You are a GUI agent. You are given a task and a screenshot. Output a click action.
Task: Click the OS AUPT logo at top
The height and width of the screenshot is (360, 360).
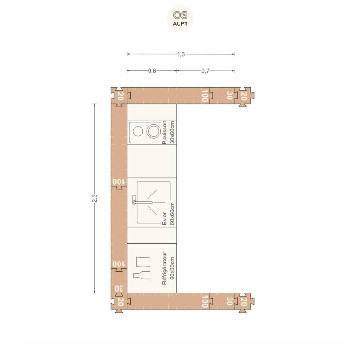180,18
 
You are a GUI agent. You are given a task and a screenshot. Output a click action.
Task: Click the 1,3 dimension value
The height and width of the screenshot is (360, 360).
181,54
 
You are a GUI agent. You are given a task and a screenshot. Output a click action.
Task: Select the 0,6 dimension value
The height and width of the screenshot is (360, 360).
152,71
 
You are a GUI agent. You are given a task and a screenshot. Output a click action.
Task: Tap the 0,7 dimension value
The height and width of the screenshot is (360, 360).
205,71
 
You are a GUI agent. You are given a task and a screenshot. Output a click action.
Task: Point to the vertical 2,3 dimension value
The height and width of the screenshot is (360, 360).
95,198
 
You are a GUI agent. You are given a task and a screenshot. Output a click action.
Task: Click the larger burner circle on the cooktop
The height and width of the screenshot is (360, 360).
154,131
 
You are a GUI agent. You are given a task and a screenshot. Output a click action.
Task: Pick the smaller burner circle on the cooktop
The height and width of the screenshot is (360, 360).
138,131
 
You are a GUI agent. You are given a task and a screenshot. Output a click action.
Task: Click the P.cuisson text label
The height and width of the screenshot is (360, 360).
165,133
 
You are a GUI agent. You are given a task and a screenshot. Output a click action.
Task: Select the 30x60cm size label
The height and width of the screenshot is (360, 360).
172,133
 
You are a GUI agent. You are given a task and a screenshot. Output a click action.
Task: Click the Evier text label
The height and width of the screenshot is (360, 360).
165,218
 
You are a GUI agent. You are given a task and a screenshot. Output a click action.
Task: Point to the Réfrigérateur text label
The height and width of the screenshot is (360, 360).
165,268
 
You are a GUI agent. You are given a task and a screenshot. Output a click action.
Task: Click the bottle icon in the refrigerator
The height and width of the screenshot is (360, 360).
142,276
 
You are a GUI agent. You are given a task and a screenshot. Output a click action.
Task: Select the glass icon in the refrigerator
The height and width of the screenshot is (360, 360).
143,262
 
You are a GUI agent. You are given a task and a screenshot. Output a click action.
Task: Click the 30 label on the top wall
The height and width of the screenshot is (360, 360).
230,96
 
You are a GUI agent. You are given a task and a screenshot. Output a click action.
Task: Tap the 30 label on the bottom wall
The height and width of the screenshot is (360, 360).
230,301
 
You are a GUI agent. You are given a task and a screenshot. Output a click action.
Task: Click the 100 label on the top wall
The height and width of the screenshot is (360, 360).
205,96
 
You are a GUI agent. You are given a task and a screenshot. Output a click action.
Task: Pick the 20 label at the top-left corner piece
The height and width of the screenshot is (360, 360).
120,96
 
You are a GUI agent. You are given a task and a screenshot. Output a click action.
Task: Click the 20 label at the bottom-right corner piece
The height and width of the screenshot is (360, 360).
244,302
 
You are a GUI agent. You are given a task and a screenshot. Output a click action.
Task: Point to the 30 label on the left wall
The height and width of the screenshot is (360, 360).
119,289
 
